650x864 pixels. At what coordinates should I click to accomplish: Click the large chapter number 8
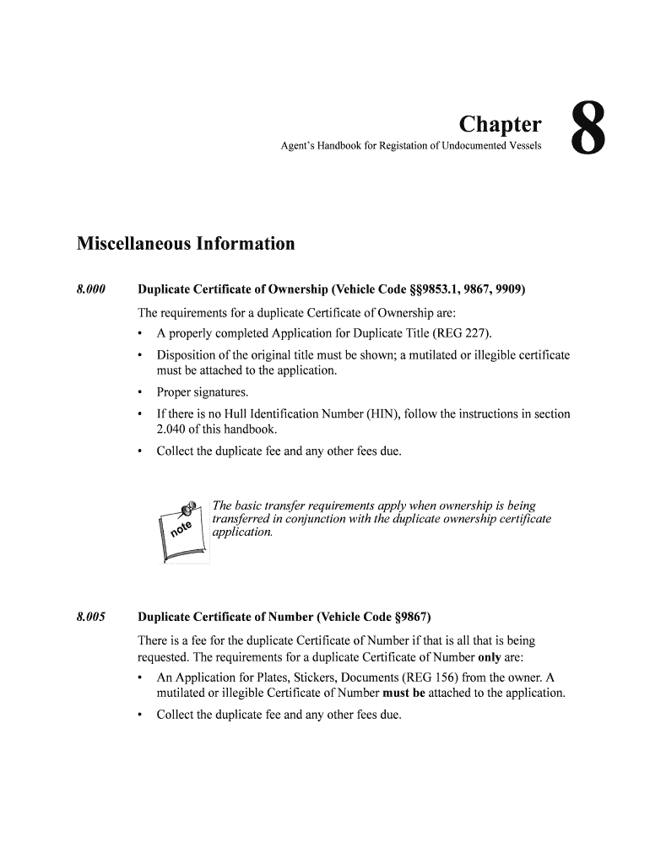(588, 129)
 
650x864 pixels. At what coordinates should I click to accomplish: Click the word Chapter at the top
(500, 125)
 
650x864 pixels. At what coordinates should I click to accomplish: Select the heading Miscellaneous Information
(186, 244)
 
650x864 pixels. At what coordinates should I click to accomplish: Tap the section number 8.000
(90, 290)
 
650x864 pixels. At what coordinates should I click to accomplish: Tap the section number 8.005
(90, 616)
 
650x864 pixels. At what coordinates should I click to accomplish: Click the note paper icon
(182, 532)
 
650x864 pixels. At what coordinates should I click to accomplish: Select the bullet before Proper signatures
(139, 392)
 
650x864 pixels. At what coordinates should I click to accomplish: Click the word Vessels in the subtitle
(523, 148)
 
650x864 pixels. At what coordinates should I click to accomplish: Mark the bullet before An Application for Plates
(139, 678)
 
